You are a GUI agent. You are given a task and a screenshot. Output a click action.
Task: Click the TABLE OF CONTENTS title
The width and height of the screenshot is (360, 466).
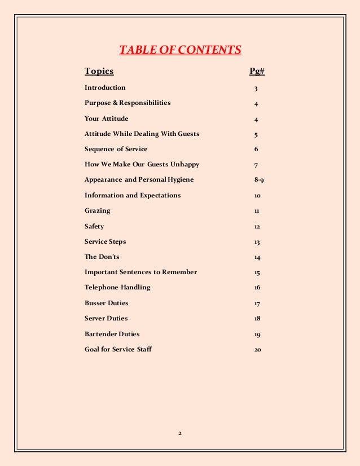click(x=180, y=50)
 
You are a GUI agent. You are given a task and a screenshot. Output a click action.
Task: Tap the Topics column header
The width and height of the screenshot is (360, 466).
click(x=99, y=71)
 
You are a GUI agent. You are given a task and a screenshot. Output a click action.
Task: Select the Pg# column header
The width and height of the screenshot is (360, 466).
click(x=257, y=71)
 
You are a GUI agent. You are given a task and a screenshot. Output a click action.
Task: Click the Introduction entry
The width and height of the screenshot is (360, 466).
click(x=105, y=87)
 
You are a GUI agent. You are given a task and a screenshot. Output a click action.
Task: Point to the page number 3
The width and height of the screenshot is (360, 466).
click(x=256, y=89)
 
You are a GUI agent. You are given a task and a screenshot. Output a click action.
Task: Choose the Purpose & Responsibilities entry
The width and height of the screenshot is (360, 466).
click(x=128, y=103)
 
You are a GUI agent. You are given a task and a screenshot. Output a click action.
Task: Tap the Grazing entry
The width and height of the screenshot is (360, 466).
click(x=98, y=210)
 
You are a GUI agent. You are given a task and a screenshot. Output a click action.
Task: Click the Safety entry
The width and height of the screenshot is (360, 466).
click(x=94, y=226)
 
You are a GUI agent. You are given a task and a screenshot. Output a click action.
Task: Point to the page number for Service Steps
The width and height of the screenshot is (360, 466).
click(x=256, y=242)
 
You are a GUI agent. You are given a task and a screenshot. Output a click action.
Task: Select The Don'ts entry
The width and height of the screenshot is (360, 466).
click(x=101, y=257)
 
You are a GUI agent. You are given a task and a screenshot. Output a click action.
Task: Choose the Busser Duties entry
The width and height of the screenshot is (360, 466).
click(x=107, y=303)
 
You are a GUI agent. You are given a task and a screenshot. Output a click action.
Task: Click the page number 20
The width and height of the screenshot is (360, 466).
click(x=257, y=349)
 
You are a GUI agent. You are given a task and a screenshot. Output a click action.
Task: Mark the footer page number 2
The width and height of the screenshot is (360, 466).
click(x=179, y=433)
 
